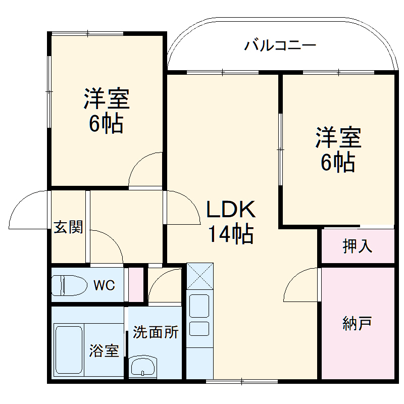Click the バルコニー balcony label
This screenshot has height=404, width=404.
[x=280, y=46]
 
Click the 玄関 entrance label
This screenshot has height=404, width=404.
[x=68, y=228]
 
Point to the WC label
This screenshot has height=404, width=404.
[x=104, y=285]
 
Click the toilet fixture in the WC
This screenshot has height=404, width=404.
[x=71, y=285]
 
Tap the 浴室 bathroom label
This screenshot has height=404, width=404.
[x=105, y=350]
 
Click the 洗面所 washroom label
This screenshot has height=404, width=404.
[x=156, y=332]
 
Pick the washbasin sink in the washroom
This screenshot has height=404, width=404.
[x=144, y=366]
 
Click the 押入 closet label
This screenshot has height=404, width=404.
[x=358, y=246]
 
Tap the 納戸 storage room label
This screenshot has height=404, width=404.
[x=357, y=323]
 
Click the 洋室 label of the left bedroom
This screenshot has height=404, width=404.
[x=107, y=99]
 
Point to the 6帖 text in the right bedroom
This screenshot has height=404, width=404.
[x=338, y=162]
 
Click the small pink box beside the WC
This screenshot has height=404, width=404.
[x=135, y=285]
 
